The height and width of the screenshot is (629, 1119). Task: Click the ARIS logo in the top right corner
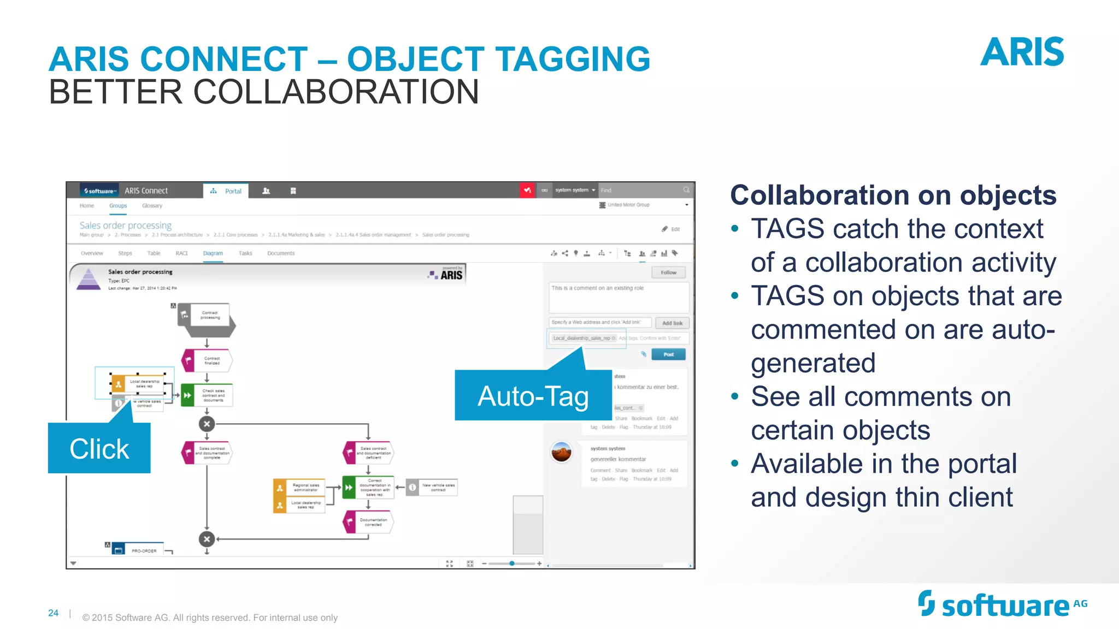[x=1022, y=52]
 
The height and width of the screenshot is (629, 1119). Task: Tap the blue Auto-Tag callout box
[x=533, y=395]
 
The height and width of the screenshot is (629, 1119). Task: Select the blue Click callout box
[x=99, y=448]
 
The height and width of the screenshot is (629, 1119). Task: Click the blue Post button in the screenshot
[x=668, y=354]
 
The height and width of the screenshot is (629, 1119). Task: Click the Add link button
[x=672, y=323]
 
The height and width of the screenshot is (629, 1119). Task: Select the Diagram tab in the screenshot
[x=213, y=253]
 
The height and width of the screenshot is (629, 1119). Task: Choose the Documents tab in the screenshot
[x=281, y=253]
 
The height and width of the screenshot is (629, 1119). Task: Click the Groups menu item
[x=118, y=206]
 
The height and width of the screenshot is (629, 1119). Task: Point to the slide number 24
[x=53, y=613]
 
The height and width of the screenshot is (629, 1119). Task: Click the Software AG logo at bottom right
[x=1002, y=605]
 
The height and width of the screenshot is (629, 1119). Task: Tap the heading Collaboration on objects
[x=893, y=195]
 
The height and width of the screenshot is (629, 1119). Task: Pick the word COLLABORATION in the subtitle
[x=336, y=92]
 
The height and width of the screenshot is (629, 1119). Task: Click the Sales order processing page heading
[x=126, y=225]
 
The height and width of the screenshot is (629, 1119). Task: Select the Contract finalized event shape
[x=207, y=361]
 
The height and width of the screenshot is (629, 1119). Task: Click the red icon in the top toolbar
[x=527, y=191]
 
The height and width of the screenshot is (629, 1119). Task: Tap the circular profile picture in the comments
[x=561, y=452]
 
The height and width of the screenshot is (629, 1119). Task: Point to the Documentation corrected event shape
[x=368, y=522]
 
